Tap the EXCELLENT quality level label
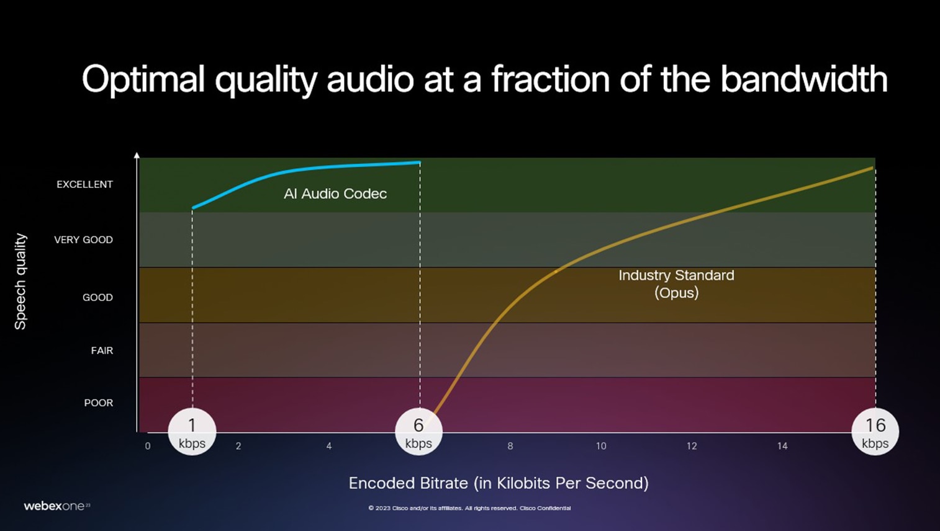pyautogui.click(x=85, y=184)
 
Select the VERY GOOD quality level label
pyautogui.click(x=84, y=239)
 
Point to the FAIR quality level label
pyautogui.click(x=102, y=350)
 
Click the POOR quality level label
pyautogui.click(x=99, y=403)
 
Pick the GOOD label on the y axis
pyautogui.click(x=97, y=297)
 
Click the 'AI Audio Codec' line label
pyautogui.click(x=335, y=194)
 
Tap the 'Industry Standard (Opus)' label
pyautogui.click(x=677, y=284)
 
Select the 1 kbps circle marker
pyautogui.click(x=192, y=432)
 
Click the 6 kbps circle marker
pyautogui.click(x=419, y=432)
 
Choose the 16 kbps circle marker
pyautogui.click(x=875, y=432)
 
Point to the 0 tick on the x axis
pyautogui.click(x=148, y=446)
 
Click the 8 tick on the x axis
pyautogui.click(x=510, y=446)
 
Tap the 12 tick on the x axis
pyautogui.click(x=692, y=446)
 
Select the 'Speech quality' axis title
pyautogui.click(x=20, y=282)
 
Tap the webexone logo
pyautogui.click(x=57, y=506)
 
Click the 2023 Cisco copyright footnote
pyautogui.click(x=469, y=508)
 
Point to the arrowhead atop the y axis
pyautogui.click(x=137, y=155)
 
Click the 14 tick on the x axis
pyautogui.click(x=783, y=446)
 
